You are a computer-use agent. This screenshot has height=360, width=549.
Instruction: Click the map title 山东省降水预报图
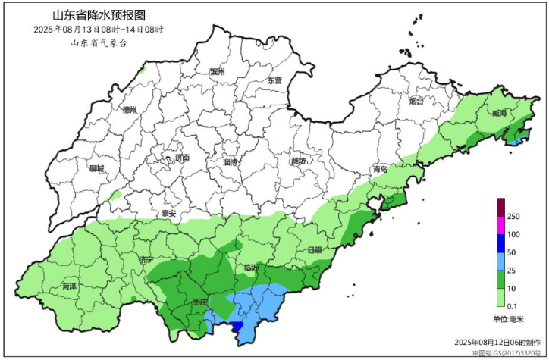99,15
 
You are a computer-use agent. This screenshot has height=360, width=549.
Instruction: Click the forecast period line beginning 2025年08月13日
99,29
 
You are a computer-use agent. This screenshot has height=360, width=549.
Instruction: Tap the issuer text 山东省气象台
99,42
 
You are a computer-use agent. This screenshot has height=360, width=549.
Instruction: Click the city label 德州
130,110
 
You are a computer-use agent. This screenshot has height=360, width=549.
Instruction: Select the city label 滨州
218,72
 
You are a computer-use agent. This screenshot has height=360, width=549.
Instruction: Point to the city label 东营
274,80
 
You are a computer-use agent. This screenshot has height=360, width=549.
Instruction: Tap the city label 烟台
416,101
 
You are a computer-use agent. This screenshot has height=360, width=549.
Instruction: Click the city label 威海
498,113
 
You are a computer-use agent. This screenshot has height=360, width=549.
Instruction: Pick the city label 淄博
231,162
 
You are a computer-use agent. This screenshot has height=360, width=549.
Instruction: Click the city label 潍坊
298,161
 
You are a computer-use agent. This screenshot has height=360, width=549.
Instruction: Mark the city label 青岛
380,170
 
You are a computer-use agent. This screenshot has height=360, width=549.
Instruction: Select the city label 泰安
168,214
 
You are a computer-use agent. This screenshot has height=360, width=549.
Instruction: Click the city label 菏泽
70,287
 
